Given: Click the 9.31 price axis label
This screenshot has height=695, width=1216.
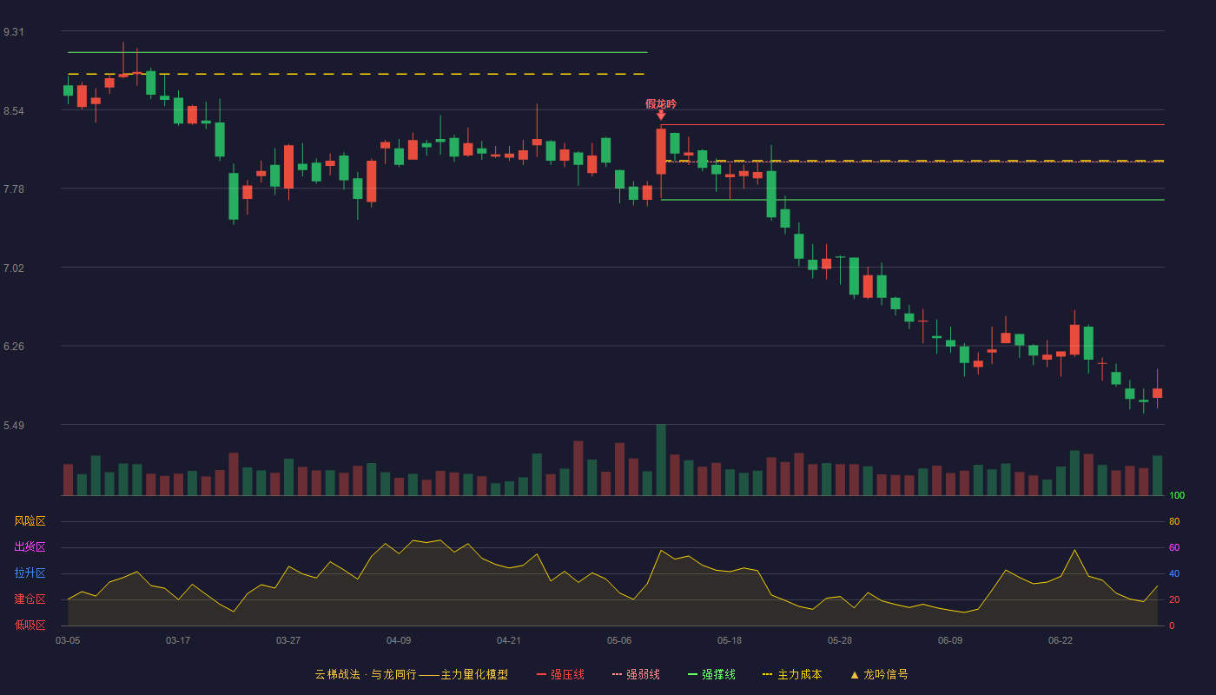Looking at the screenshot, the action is click(x=14, y=32).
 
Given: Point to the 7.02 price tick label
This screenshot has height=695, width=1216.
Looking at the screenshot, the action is click(x=14, y=268).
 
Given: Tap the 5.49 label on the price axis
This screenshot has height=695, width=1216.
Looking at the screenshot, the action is click(x=14, y=425).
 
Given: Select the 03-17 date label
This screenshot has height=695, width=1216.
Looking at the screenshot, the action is click(x=178, y=641).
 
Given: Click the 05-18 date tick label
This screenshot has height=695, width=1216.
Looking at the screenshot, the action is click(x=730, y=641).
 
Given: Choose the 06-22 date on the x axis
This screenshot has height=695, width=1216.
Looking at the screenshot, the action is click(x=1061, y=641).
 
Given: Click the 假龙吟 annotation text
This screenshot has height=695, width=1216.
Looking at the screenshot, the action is click(x=661, y=103).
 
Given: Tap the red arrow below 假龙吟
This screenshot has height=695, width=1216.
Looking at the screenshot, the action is click(x=661, y=115).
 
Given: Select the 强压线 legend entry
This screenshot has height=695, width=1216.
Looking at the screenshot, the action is click(x=560, y=674).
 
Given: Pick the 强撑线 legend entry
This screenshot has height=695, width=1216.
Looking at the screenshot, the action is click(x=711, y=674).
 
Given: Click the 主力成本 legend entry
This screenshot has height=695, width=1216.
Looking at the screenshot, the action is click(x=792, y=674).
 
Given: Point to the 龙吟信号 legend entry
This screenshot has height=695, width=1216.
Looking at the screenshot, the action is click(x=879, y=674).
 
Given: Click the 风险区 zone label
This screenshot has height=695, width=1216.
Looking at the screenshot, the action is click(x=30, y=521).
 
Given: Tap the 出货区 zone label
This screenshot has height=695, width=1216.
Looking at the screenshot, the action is click(x=30, y=546).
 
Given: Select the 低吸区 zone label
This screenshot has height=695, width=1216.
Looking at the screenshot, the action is click(x=30, y=625).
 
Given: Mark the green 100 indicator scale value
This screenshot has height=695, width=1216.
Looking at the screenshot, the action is click(x=1177, y=495).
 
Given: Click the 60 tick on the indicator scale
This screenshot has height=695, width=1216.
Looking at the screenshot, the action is click(x=1174, y=547).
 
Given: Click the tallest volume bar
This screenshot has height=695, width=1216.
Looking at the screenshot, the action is click(x=661, y=460).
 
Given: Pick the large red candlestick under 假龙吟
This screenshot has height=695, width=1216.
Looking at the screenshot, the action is click(x=661, y=151).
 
